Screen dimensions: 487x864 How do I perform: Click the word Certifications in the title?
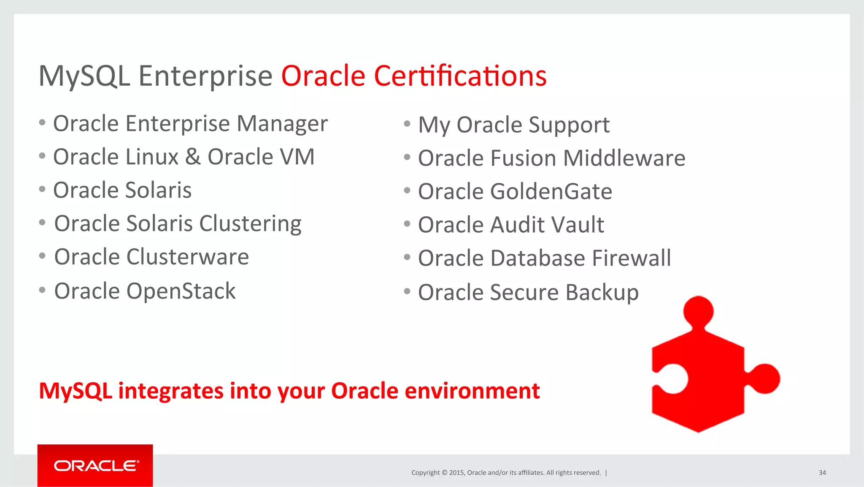click(x=460, y=76)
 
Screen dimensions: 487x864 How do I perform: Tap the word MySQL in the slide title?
click(x=84, y=76)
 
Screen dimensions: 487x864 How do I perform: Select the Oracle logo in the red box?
click(x=96, y=466)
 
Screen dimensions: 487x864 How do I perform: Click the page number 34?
click(x=822, y=473)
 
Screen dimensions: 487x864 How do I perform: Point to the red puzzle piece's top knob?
click(x=698, y=312)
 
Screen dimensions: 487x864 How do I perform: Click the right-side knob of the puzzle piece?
click(x=764, y=378)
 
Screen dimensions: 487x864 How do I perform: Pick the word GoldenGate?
click(x=551, y=191)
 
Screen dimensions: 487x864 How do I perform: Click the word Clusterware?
click(x=187, y=257)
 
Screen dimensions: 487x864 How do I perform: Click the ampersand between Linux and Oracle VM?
click(x=193, y=157)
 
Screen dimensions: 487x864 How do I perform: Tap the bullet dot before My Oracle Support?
click(x=407, y=124)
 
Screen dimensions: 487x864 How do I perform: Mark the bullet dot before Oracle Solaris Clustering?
click(x=42, y=223)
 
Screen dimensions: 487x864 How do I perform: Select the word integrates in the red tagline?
click(x=170, y=391)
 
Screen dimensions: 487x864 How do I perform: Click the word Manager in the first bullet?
click(x=282, y=124)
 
